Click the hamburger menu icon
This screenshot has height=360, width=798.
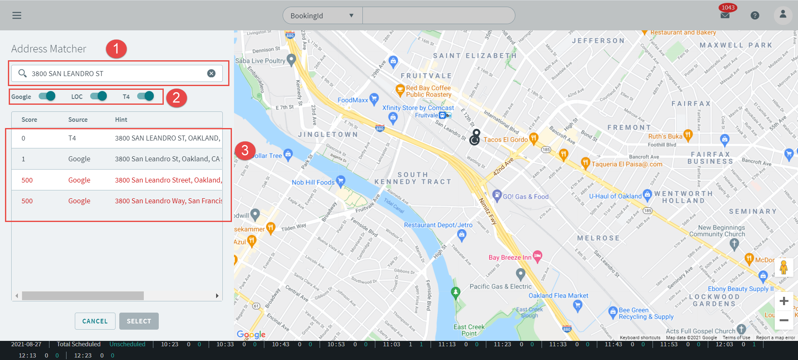[x=17, y=15]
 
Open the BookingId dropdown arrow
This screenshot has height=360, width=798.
[x=351, y=16]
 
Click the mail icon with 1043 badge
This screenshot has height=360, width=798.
[x=725, y=15]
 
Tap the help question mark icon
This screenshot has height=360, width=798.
[x=755, y=15]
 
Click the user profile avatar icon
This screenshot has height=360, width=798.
[x=783, y=15]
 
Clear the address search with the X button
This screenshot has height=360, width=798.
[x=211, y=74]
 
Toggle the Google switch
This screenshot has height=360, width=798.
[x=47, y=96]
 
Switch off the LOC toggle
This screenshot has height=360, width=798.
[x=99, y=96]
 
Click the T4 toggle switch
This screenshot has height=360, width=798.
[x=145, y=96]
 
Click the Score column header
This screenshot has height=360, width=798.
[x=30, y=120]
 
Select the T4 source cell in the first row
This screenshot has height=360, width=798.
[x=72, y=138]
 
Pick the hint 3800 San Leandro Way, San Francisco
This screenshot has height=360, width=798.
[x=168, y=201]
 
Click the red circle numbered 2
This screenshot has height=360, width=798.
[x=176, y=98]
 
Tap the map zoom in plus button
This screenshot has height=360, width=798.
[x=784, y=301]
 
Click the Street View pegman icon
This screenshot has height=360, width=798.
[x=783, y=267]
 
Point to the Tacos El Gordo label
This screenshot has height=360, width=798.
[x=505, y=140]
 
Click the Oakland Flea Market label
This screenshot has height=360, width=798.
[x=558, y=296]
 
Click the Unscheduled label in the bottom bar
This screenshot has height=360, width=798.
[x=127, y=344]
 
